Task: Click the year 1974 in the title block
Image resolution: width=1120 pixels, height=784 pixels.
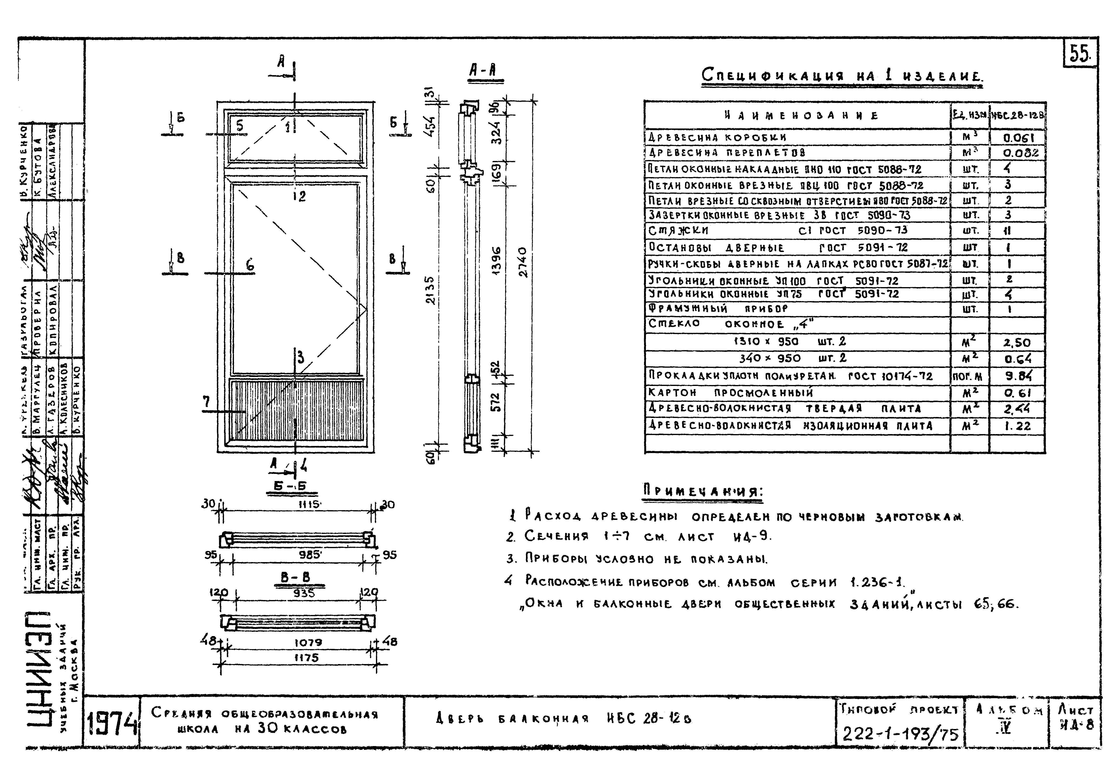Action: click(x=112, y=724)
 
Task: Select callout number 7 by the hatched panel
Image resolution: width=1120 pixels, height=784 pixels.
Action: click(x=207, y=402)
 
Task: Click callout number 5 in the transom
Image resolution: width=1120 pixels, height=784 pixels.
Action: click(x=239, y=125)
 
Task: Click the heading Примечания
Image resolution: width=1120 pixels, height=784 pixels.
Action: click(x=702, y=491)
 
